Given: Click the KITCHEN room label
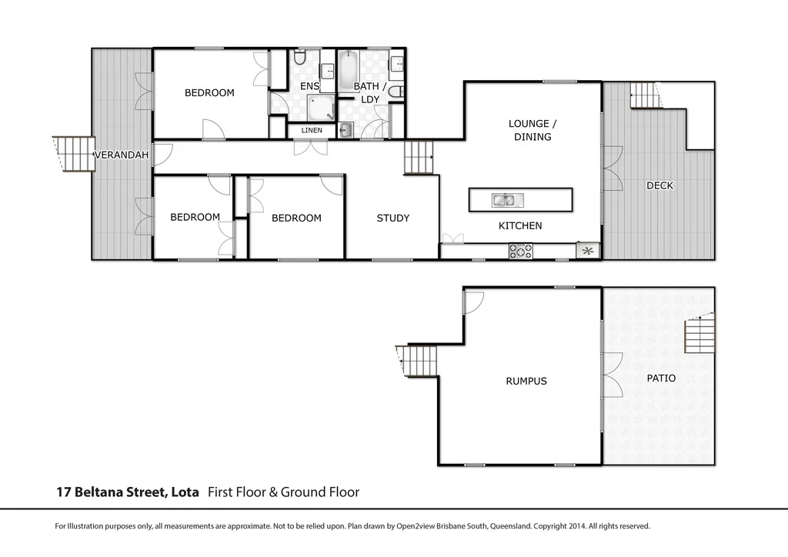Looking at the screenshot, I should (x=520, y=225).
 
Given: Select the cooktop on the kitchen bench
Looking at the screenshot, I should (x=520, y=251).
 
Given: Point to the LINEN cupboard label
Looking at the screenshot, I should (x=312, y=131).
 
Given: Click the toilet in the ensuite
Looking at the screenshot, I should (x=300, y=58).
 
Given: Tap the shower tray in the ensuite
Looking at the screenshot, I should (x=321, y=108).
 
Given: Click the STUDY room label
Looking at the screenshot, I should (x=392, y=218).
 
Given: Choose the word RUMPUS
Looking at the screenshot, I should (x=526, y=381).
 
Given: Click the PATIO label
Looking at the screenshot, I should (x=660, y=379).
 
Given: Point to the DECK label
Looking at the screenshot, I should (x=659, y=185).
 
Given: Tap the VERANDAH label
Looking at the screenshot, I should (x=121, y=155).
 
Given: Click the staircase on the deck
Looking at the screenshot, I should (x=645, y=95).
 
